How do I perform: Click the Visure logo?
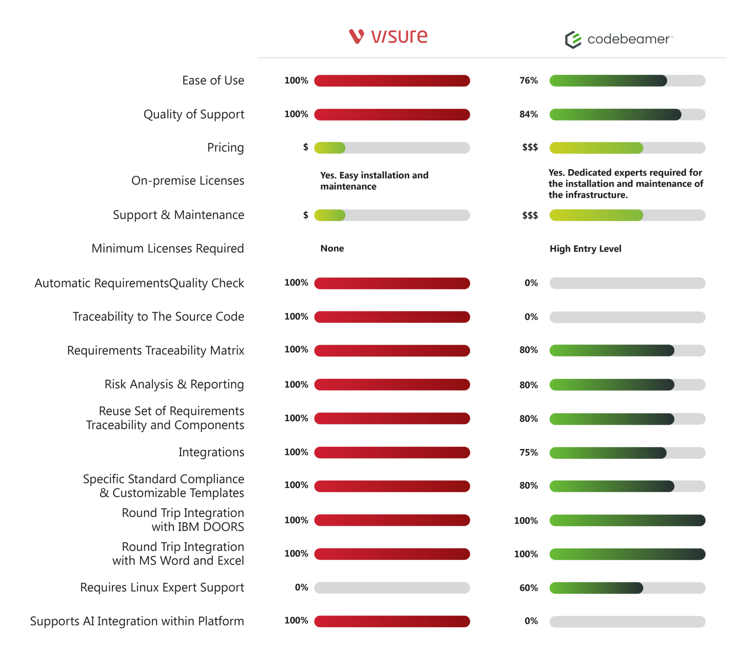(x=388, y=37)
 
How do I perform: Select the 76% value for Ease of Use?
(x=528, y=80)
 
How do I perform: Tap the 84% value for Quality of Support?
(x=528, y=114)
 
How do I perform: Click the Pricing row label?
(x=225, y=148)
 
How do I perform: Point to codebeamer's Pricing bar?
(x=627, y=148)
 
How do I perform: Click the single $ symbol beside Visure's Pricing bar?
(x=305, y=147)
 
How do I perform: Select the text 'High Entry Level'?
(x=585, y=249)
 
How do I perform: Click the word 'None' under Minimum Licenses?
(x=332, y=248)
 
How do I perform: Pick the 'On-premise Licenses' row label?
(x=187, y=181)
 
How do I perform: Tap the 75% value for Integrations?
(x=528, y=452)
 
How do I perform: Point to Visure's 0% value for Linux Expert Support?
(x=301, y=587)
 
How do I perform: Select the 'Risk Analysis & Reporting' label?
(x=174, y=384)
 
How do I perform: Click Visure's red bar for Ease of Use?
(x=392, y=81)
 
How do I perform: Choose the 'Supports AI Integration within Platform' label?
(x=137, y=621)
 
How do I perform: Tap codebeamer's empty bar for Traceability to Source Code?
(x=627, y=317)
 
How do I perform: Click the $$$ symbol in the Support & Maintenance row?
(x=530, y=215)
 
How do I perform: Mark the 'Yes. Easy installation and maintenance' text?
(x=374, y=181)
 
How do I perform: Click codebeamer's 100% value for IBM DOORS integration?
(x=526, y=521)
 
